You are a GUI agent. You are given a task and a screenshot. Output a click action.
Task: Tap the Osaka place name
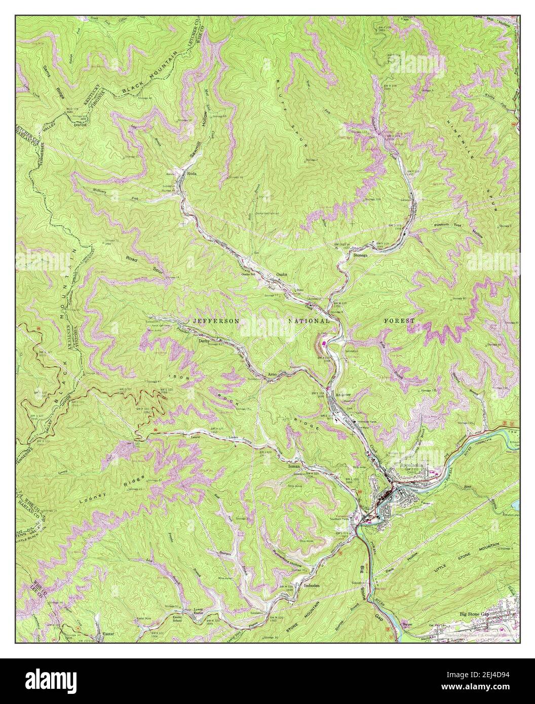point(281,275)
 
